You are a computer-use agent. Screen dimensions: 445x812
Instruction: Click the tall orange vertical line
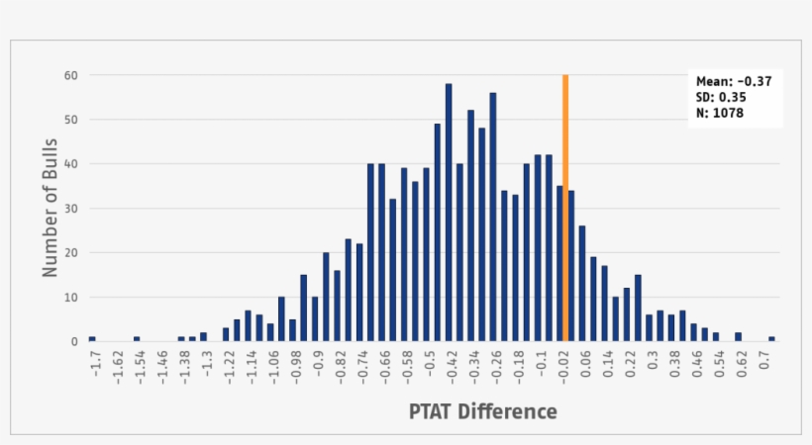point(565,208)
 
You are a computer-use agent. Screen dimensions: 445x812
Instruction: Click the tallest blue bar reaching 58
point(449,213)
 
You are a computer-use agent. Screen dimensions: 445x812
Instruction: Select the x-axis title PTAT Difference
point(483,411)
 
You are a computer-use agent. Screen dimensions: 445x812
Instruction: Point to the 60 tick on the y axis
point(71,75)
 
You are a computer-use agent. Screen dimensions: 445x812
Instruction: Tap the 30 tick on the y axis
point(71,209)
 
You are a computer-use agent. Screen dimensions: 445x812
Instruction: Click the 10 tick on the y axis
point(71,298)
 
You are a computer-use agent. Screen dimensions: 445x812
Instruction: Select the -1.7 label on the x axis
point(95,367)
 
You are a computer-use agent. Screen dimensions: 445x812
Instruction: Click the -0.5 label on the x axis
point(431,367)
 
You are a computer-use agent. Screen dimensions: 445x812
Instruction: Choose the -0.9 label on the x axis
point(319,367)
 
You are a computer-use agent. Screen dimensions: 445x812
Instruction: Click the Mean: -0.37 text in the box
point(734,81)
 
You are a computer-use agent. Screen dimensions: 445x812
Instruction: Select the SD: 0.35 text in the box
point(720,97)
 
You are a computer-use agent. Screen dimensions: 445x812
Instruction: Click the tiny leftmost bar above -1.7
point(92,339)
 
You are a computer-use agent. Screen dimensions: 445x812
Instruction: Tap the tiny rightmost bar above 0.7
point(771,339)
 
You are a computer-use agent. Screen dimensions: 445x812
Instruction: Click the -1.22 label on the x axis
point(229,370)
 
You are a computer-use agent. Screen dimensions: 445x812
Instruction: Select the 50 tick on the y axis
point(71,120)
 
